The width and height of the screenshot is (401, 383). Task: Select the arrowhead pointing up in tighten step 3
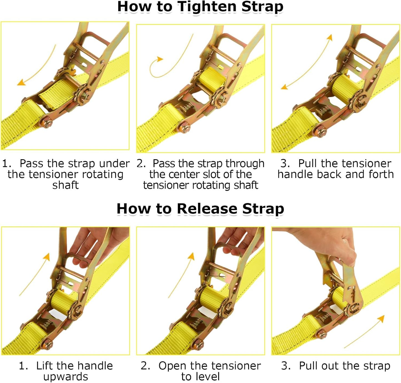click(x=329, y=37)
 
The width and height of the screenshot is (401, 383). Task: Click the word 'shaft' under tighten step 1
click(x=65, y=185)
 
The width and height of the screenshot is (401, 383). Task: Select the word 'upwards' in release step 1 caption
click(x=65, y=377)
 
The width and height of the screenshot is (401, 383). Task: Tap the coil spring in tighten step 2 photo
click(x=185, y=108)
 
